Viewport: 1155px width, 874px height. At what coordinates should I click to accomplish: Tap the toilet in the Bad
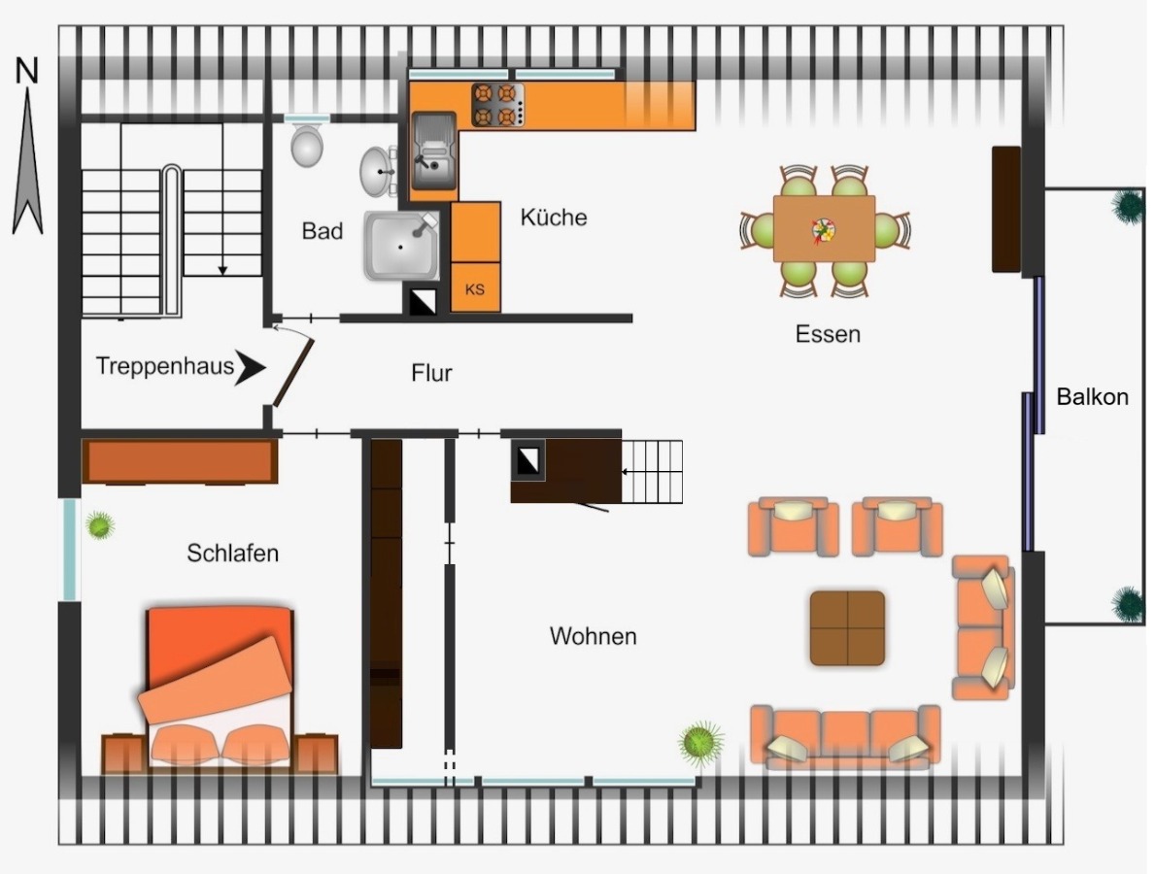(x=306, y=145)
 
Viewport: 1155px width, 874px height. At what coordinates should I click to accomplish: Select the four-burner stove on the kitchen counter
(x=498, y=105)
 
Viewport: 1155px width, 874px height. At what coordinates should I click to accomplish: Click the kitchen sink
(x=434, y=151)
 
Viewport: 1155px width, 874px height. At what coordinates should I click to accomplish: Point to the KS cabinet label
(x=475, y=289)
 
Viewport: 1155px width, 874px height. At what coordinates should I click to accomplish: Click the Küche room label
(x=553, y=218)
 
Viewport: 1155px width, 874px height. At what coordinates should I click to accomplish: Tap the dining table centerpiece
(x=824, y=230)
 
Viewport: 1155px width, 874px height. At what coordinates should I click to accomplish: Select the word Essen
(x=828, y=334)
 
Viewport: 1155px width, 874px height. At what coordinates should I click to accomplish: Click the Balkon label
(x=1093, y=397)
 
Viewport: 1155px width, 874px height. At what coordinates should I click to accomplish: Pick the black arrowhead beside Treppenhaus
(x=251, y=367)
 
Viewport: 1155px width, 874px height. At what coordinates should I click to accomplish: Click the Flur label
(x=431, y=373)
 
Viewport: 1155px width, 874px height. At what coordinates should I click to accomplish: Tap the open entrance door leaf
(x=294, y=373)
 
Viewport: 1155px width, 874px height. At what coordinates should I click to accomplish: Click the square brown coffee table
(x=848, y=628)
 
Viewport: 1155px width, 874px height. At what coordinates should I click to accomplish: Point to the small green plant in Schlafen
(x=100, y=525)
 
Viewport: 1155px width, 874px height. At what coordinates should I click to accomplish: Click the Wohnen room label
(x=593, y=636)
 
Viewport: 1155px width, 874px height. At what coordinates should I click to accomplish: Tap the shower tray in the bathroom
(x=402, y=246)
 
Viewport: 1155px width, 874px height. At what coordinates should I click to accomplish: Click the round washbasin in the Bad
(x=377, y=172)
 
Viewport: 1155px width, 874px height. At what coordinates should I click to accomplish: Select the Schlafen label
(x=233, y=553)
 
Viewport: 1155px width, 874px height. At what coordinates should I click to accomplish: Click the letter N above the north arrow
(x=27, y=71)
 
